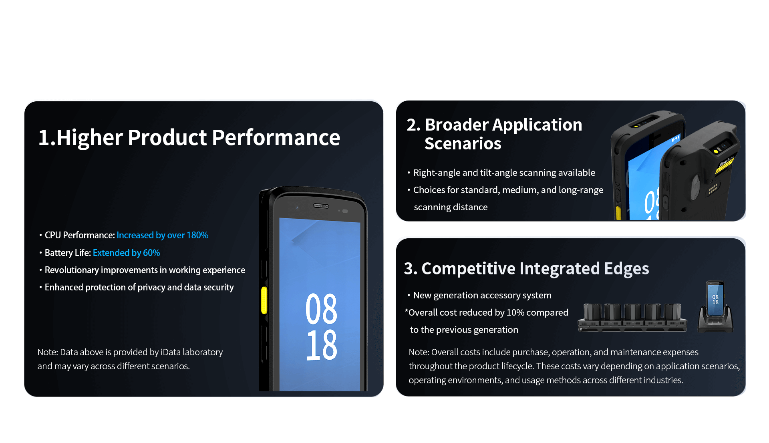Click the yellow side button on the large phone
(264, 300)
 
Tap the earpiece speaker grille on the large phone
(321, 206)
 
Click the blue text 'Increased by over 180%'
(162, 235)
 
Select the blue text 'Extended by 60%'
(126, 253)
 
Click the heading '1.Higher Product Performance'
(189, 137)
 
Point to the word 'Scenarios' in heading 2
(463, 143)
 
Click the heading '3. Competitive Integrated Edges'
(526, 268)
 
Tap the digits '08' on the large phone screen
(321, 308)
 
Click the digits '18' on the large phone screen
(322, 345)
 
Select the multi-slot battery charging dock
(632, 317)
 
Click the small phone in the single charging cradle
(715, 298)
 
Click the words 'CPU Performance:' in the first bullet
(80, 235)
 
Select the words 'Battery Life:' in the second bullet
(68, 253)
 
